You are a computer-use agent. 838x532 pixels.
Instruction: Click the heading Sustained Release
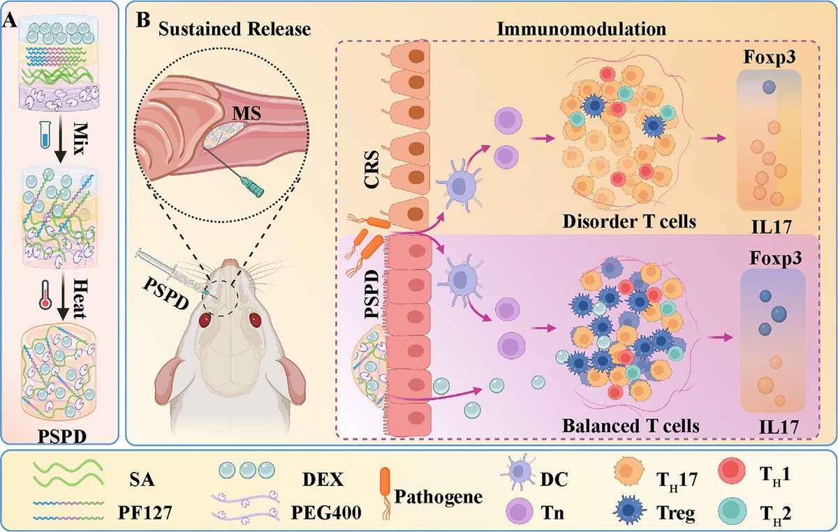click(233, 28)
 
